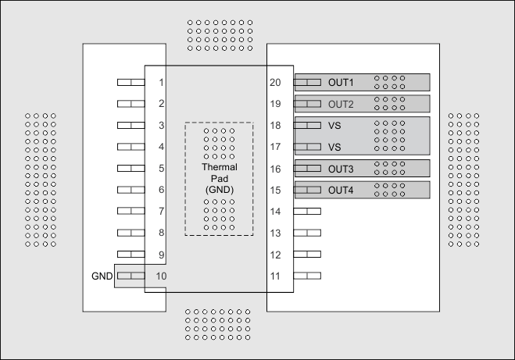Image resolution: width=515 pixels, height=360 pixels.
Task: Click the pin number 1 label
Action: (x=160, y=82)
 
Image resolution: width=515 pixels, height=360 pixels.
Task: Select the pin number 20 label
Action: (x=275, y=82)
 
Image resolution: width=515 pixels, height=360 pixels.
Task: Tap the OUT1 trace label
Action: (x=341, y=82)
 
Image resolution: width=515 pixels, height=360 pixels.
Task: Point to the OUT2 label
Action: (x=341, y=104)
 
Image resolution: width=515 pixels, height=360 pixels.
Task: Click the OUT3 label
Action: (x=341, y=169)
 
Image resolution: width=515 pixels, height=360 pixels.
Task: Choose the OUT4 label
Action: (x=341, y=190)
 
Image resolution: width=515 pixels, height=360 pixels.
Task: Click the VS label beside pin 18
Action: (x=334, y=125)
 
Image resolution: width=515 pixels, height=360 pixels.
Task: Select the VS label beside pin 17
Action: (x=334, y=147)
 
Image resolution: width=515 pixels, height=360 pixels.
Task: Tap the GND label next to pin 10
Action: (x=102, y=276)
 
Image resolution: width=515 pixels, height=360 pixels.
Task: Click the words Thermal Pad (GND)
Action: (x=219, y=179)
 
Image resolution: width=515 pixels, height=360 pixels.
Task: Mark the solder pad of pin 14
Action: (x=307, y=211)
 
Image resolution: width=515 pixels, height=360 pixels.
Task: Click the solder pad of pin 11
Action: (x=307, y=276)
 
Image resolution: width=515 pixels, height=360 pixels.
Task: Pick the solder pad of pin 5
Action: (x=131, y=168)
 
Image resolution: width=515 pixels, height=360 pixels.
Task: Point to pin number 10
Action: (x=160, y=276)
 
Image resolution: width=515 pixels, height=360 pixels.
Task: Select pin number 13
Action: (x=275, y=233)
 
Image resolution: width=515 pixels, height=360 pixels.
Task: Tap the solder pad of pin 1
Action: (x=131, y=82)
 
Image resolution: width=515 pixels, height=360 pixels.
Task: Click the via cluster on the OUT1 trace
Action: (x=389, y=82)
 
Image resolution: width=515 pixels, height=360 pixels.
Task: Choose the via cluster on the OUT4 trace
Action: (x=389, y=190)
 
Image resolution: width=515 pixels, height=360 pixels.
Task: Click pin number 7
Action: (x=160, y=211)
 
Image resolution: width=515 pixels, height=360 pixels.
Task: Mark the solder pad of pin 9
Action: (x=131, y=254)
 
